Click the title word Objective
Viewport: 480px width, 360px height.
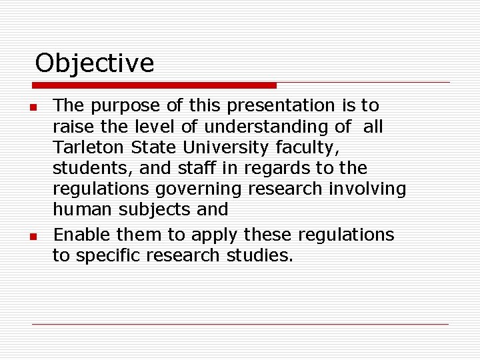click(94, 63)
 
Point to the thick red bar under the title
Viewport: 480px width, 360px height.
click(154, 85)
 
